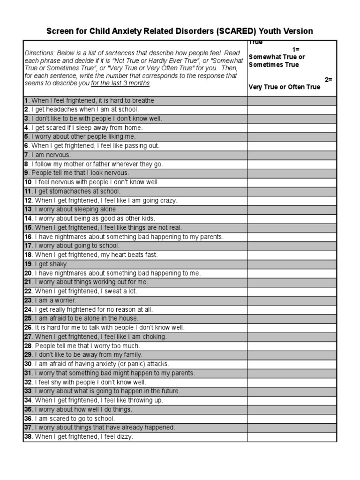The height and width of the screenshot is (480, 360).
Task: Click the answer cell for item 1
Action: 292,100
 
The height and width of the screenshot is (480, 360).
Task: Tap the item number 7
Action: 26,155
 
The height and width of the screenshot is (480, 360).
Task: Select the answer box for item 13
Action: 292,209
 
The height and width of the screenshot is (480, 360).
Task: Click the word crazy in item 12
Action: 167,200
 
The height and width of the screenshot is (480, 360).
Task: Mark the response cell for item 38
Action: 292,436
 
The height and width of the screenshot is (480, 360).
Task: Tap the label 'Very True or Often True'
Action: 285,87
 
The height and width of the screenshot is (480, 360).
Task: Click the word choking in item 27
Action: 156,337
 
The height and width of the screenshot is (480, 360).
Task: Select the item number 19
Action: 27,264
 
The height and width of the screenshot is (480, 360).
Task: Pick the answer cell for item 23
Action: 292,300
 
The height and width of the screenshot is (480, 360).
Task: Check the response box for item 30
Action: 292,364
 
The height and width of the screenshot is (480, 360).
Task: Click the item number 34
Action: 28,400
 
